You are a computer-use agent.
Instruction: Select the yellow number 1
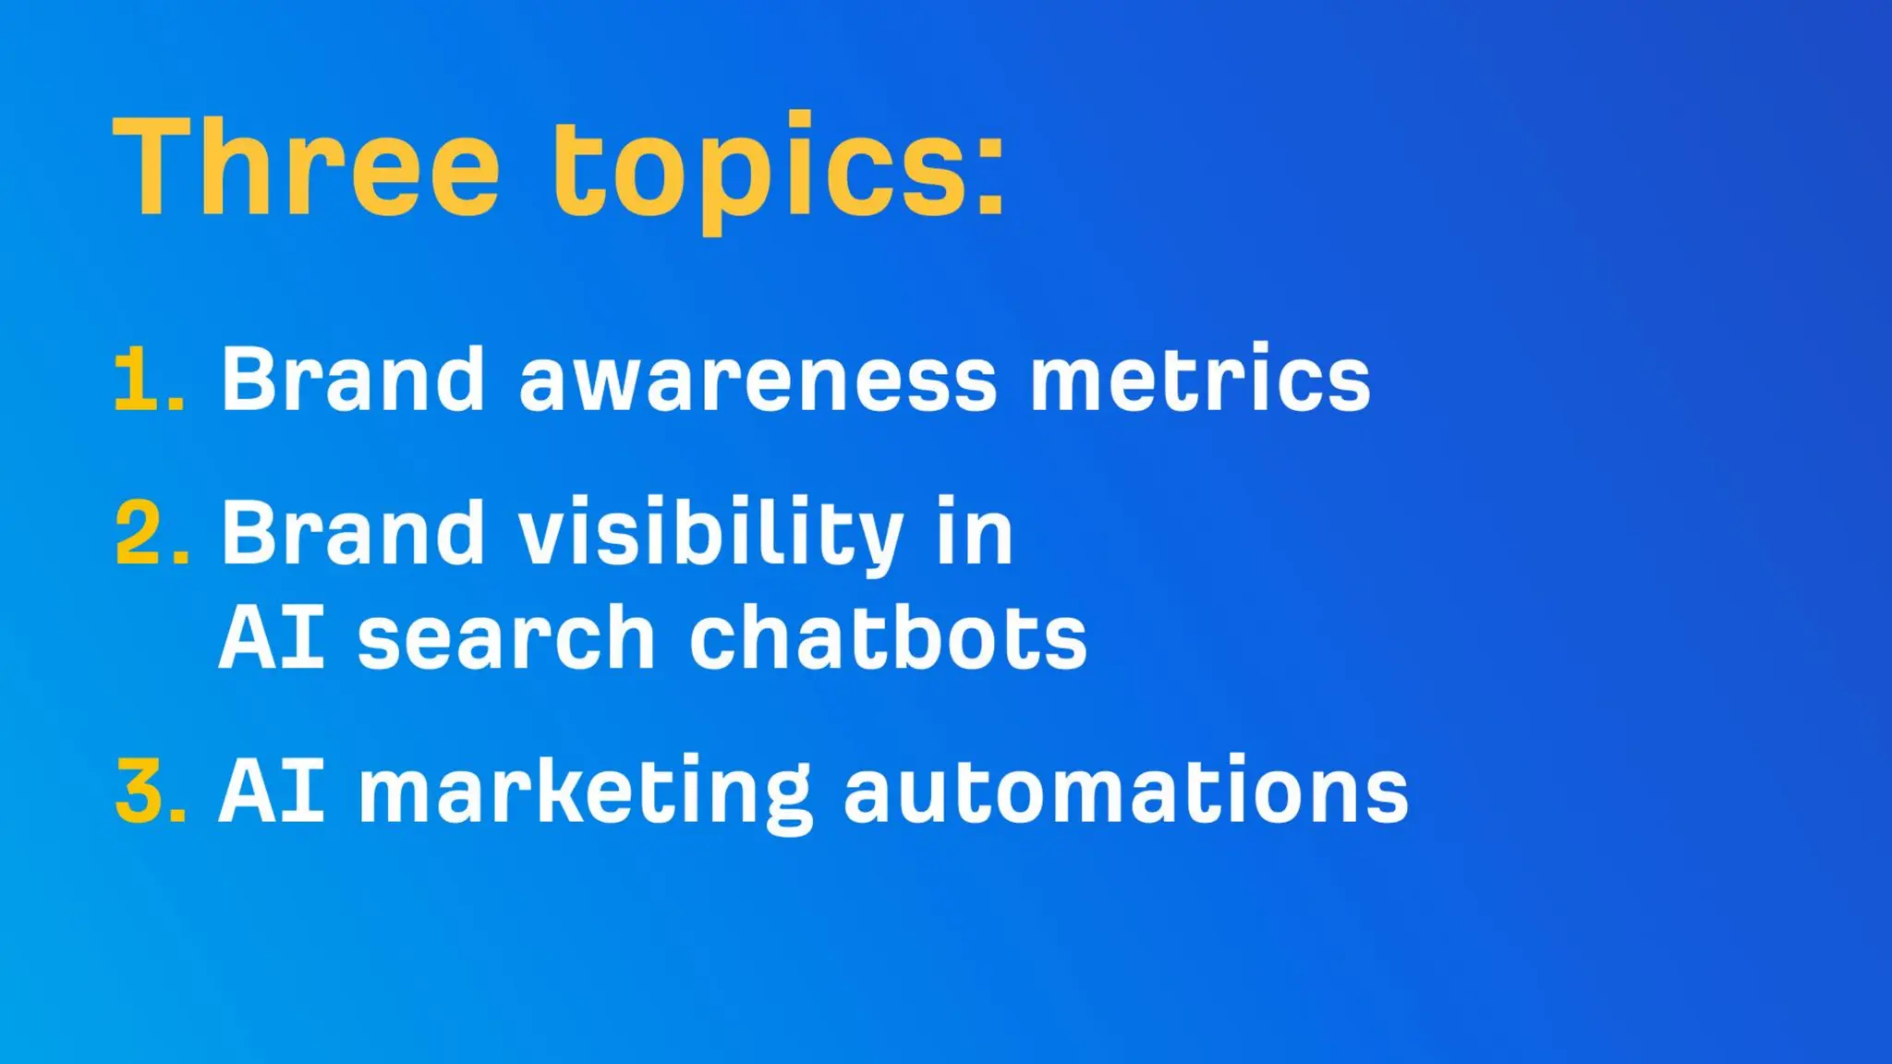pos(139,379)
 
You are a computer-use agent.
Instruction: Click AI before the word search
pos(272,638)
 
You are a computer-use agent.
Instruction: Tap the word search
pos(506,638)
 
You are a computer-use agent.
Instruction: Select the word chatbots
pos(888,638)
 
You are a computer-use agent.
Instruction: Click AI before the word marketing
pos(272,791)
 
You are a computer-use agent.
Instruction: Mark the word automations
pos(1126,791)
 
